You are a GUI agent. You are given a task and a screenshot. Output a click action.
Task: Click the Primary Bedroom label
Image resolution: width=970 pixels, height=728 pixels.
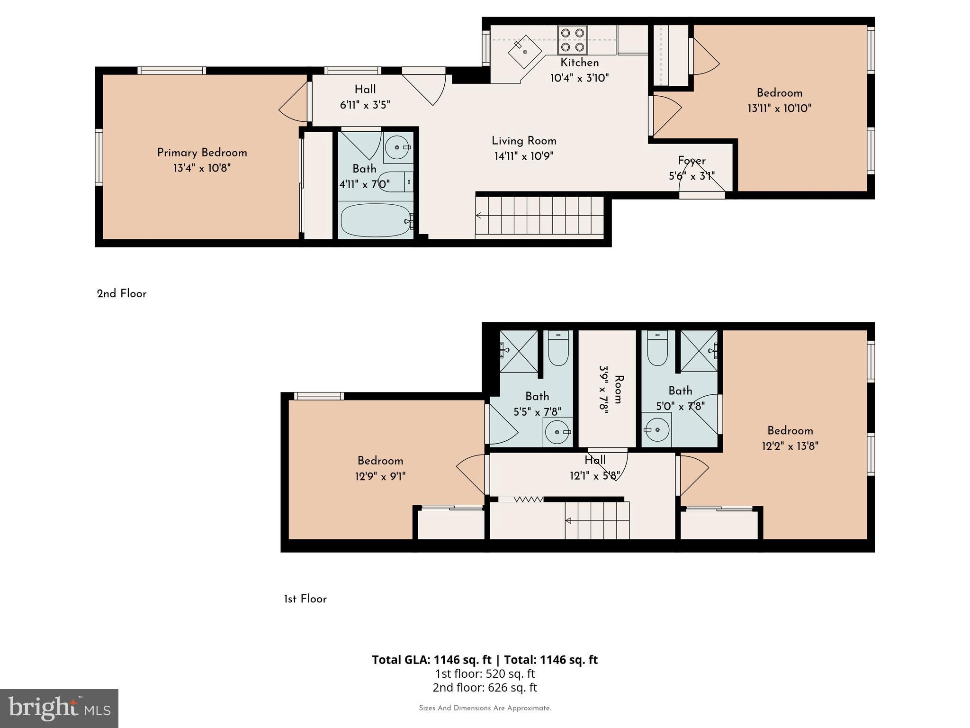[x=202, y=153]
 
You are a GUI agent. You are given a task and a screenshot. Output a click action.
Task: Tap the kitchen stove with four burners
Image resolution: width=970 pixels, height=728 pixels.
[x=573, y=40]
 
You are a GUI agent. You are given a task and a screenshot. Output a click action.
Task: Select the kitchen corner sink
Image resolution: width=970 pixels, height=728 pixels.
[x=525, y=51]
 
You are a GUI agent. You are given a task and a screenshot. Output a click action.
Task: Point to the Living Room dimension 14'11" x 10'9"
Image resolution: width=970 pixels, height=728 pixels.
[x=524, y=156]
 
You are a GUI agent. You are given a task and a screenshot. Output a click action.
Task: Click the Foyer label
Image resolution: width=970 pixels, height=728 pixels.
[x=692, y=161]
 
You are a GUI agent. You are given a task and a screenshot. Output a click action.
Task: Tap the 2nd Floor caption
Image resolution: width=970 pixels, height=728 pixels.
[x=122, y=294]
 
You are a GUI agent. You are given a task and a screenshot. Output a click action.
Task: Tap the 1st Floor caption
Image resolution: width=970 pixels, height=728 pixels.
[x=305, y=599]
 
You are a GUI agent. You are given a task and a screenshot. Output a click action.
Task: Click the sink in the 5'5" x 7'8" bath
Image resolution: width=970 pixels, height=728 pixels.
[x=557, y=432]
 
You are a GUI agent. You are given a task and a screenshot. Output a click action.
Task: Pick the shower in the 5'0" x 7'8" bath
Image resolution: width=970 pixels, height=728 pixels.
[x=699, y=351]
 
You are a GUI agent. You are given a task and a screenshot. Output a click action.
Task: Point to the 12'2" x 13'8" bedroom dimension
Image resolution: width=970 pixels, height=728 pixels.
[x=790, y=446]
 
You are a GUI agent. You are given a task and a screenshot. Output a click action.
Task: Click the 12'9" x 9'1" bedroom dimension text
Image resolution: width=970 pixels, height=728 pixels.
[x=380, y=476]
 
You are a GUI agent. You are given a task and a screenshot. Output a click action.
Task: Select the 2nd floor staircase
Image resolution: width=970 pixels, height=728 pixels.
[x=540, y=216]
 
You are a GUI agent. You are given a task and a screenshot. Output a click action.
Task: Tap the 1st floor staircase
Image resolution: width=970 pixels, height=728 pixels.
[x=597, y=520]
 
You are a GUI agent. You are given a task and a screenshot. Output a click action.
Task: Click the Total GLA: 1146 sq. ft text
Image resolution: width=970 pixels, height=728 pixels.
[x=431, y=660]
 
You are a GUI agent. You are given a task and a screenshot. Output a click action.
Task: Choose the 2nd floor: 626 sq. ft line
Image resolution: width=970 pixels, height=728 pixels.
[x=485, y=687]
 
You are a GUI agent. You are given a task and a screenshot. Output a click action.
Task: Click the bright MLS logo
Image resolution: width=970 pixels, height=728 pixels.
[x=59, y=709]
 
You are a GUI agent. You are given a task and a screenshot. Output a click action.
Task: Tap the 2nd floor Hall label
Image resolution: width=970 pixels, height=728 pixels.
[x=365, y=90]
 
